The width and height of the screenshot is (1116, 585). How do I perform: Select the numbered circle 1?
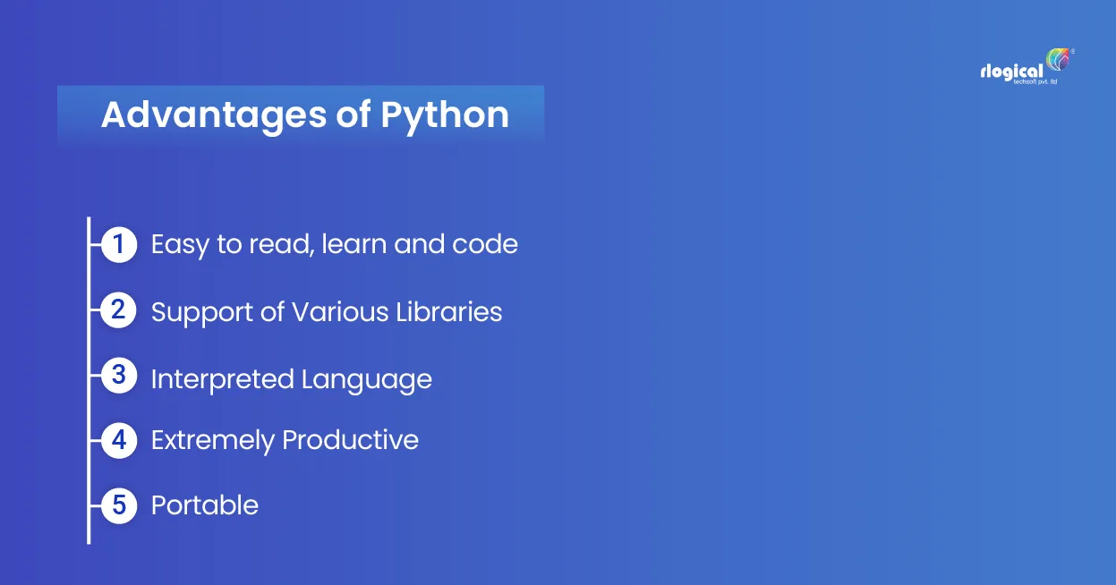click(119, 244)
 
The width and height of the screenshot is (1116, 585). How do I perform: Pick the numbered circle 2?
click(119, 310)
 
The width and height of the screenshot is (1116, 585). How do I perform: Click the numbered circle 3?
click(119, 376)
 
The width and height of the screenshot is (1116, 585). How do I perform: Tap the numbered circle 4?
click(119, 441)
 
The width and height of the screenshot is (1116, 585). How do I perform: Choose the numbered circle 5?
click(119, 505)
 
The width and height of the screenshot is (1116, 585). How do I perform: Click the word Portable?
click(205, 505)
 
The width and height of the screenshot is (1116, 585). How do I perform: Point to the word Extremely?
click(212, 441)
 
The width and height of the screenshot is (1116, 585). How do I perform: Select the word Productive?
click(351, 440)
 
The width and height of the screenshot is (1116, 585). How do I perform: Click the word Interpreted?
click(222, 378)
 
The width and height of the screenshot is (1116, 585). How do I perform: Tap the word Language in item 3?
click(367, 380)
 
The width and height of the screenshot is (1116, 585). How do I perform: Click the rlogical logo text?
click(1011, 72)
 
